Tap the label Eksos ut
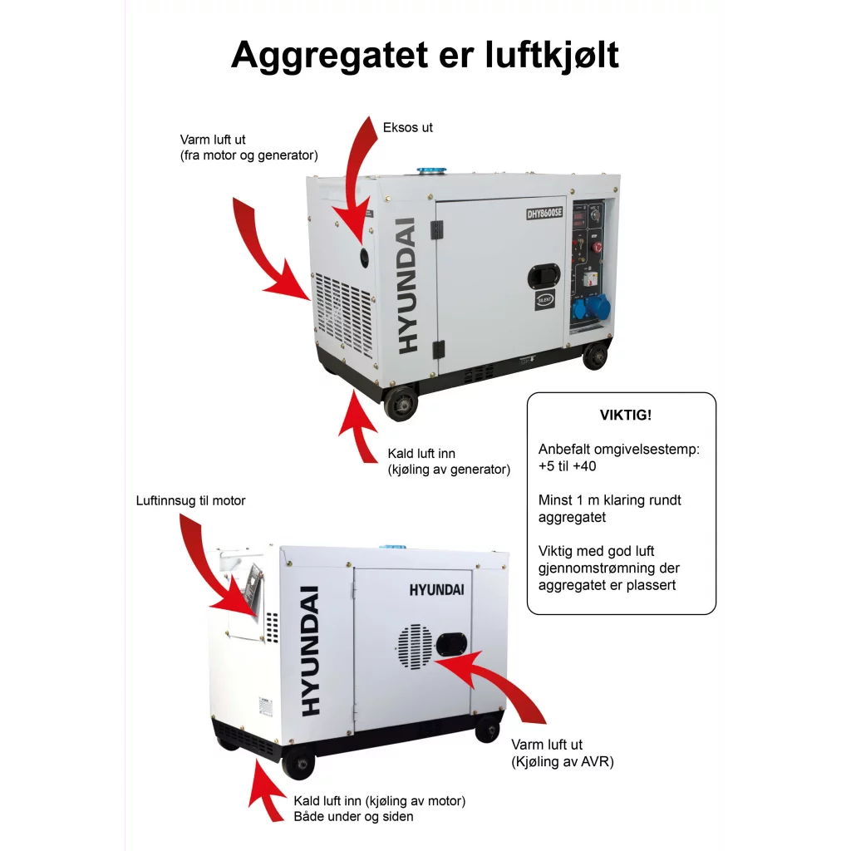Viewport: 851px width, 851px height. point(408,128)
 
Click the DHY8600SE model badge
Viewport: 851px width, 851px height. point(545,213)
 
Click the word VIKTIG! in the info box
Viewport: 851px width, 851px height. point(622,415)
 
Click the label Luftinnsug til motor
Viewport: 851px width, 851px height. point(191,501)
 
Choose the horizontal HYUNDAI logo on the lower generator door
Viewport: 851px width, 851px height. point(436,589)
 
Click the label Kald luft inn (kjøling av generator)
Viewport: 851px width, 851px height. point(449,462)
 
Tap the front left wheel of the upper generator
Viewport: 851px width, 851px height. point(401,406)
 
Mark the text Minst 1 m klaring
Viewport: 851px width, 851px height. point(610,500)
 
